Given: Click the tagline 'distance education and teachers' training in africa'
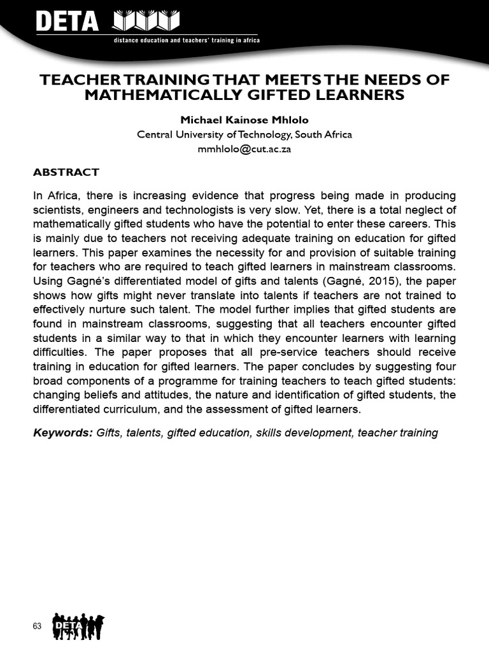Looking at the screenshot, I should pos(186,40).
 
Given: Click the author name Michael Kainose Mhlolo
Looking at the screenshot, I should pos(244,120).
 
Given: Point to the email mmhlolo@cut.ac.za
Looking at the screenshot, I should pos(244,149).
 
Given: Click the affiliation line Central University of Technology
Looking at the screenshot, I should pos(244,134).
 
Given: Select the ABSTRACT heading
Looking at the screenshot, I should pos(66,172).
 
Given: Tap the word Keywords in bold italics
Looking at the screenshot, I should pos(62,433).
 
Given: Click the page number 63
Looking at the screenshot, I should pos(37,627).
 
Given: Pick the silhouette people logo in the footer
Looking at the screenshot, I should pos(78,626).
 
